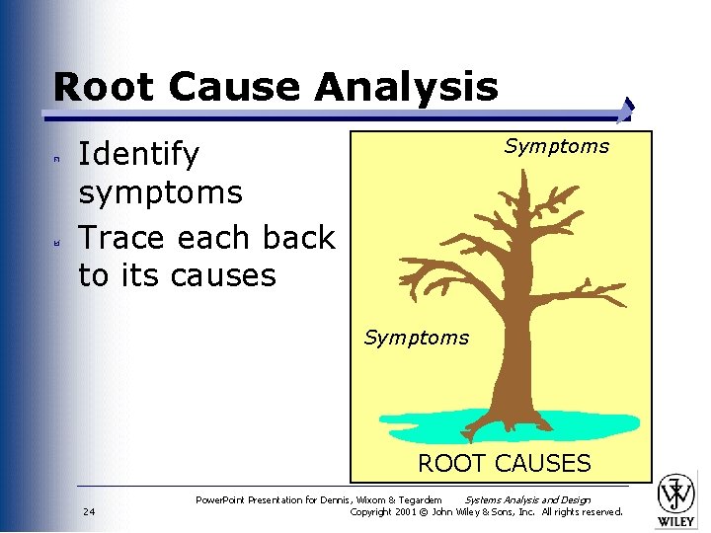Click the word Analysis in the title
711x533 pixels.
(x=407, y=87)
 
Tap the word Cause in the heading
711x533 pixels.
(x=235, y=87)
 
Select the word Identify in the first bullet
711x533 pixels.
(x=138, y=155)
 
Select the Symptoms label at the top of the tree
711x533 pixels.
(x=556, y=146)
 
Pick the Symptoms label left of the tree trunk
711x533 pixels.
(x=416, y=338)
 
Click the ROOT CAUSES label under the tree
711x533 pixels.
(x=504, y=463)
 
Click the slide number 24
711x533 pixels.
(x=89, y=511)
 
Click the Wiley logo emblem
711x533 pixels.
(x=677, y=493)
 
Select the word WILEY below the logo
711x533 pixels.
(x=677, y=521)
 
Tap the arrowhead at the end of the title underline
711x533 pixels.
(x=629, y=109)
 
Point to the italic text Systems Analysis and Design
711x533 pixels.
(x=527, y=499)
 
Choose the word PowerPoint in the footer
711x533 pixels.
(x=224, y=499)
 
